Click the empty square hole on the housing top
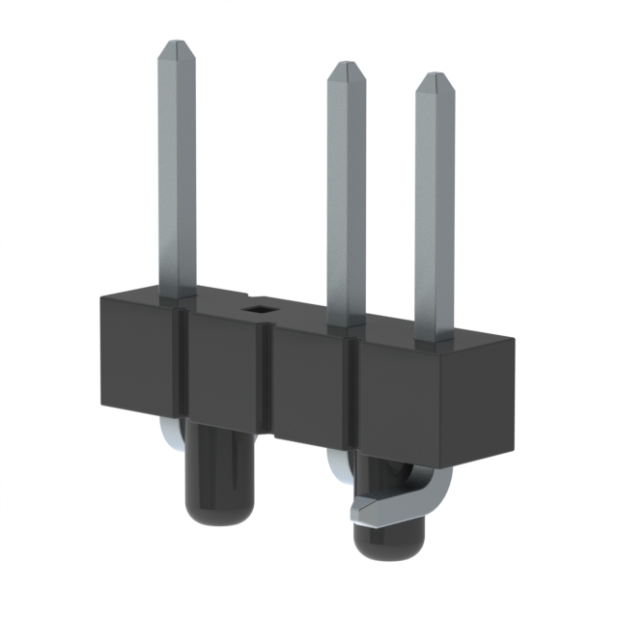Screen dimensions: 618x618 [x=260, y=309]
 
